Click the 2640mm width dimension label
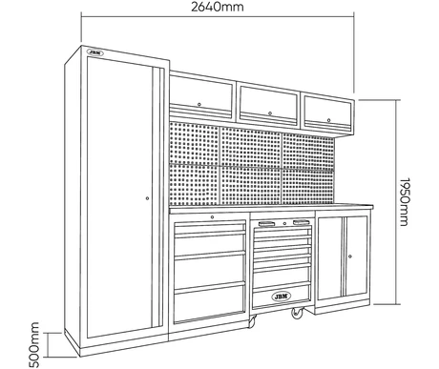(x=218, y=7)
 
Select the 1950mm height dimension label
(x=404, y=202)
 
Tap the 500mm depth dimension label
(x=34, y=345)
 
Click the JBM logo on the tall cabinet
(x=95, y=52)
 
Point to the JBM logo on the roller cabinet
(x=282, y=297)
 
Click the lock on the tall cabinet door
(x=147, y=198)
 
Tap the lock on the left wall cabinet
(x=199, y=104)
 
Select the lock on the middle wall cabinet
(x=270, y=113)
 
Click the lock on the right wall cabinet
(x=328, y=120)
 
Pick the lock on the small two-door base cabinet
(x=350, y=256)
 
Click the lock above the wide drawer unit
(x=212, y=217)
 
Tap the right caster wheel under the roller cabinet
(x=297, y=313)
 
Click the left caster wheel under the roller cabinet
(x=252, y=321)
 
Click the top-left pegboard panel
(x=194, y=143)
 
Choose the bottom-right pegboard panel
(x=308, y=186)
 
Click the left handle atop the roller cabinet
(x=266, y=224)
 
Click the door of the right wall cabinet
(x=327, y=113)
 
